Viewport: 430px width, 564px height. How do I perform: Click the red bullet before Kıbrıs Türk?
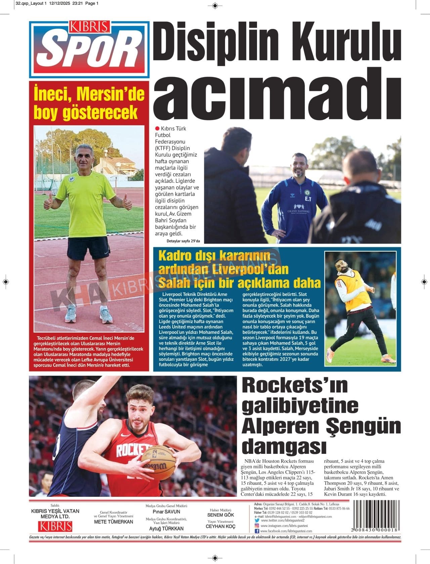click(157, 128)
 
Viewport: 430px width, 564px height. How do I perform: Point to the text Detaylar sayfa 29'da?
click(183, 241)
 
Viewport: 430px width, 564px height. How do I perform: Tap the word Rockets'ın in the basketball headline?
click(295, 385)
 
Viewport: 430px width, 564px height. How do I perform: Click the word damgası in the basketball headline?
click(284, 446)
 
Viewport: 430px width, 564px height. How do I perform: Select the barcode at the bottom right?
click(375, 516)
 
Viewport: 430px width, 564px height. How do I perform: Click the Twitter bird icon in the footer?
click(257, 520)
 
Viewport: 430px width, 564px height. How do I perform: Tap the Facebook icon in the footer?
click(257, 531)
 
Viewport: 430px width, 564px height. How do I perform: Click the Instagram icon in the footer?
click(257, 525)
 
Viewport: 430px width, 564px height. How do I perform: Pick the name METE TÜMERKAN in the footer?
click(114, 522)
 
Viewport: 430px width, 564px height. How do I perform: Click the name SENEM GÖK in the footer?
click(220, 515)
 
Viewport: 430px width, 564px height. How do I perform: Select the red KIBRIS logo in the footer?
click(55, 526)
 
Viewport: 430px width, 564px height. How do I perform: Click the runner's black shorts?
click(88, 249)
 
